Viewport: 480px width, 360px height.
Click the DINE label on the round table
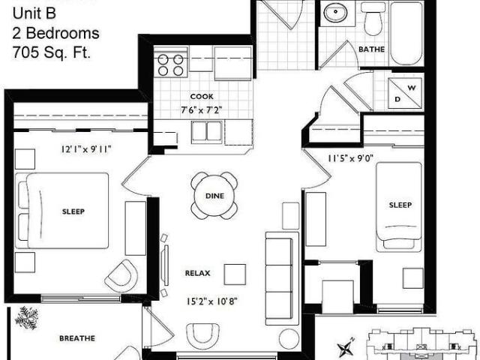tap(214, 196)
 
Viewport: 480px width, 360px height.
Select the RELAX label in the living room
tap(197, 273)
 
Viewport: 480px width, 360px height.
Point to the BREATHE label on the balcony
tap(77, 338)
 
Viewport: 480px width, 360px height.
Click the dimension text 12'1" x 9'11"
tap(86, 148)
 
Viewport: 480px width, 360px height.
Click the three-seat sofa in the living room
tap(282, 277)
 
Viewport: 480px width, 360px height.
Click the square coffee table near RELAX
tap(235, 274)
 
